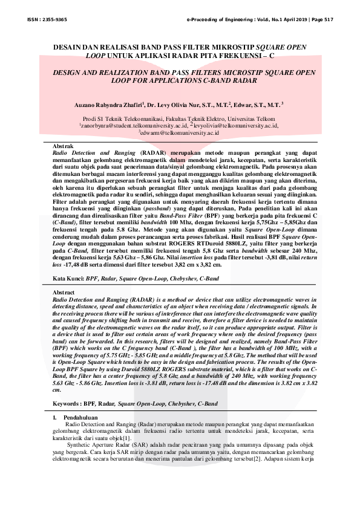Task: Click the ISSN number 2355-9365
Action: [56, 20]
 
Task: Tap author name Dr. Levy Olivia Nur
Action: [175, 104]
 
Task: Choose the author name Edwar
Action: [231, 104]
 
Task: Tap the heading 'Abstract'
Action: [65, 293]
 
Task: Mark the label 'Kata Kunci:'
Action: [67, 279]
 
